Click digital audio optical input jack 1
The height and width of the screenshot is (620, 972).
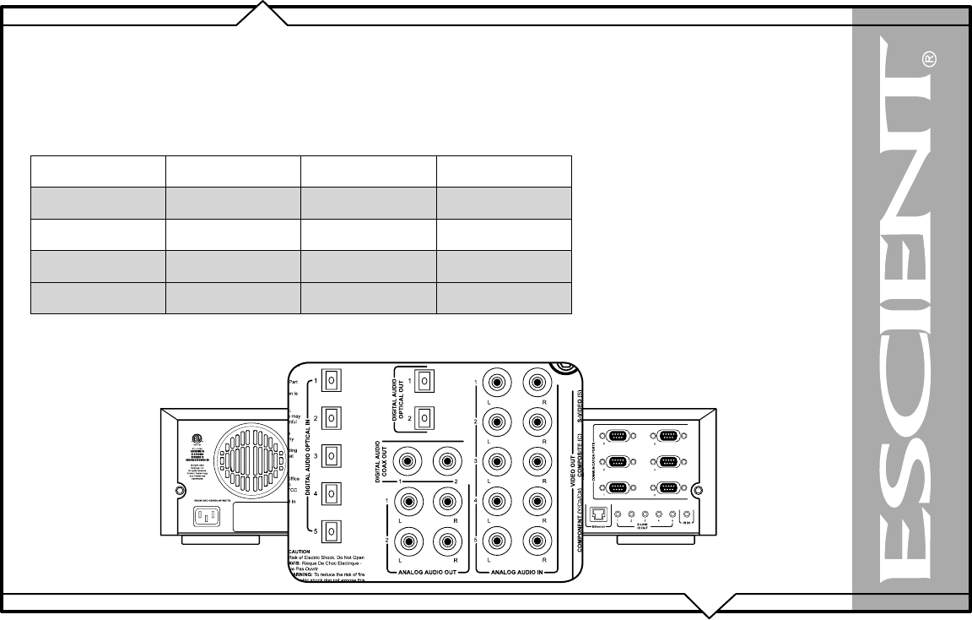(332, 380)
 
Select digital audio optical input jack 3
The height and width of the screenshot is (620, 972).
(332, 456)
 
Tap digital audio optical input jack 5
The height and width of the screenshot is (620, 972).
(332, 531)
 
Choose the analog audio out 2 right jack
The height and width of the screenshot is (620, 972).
(445, 538)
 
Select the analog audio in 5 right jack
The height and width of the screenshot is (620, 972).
(535, 538)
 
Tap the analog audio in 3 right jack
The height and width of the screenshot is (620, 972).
(535, 461)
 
